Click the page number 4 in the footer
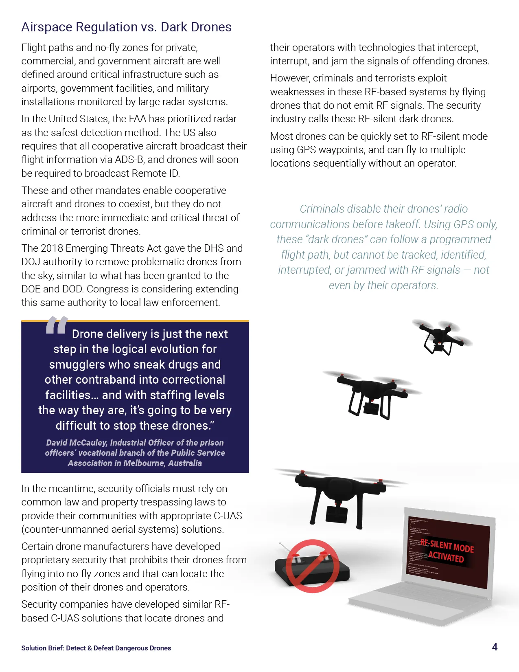click(x=495, y=647)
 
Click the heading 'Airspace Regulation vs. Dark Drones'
click(x=126, y=27)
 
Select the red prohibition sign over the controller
click(x=312, y=566)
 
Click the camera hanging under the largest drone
click(x=337, y=515)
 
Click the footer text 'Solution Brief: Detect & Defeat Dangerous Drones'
click(x=96, y=648)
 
